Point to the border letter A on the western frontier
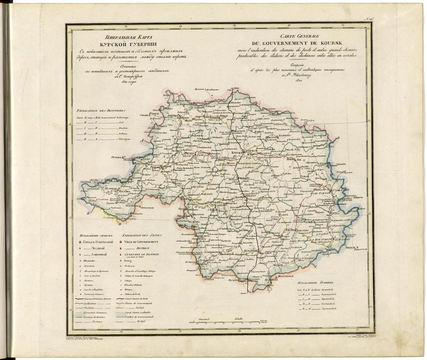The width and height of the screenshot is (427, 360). [x=142, y=140]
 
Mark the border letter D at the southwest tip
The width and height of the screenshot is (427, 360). [x=120, y=224]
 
